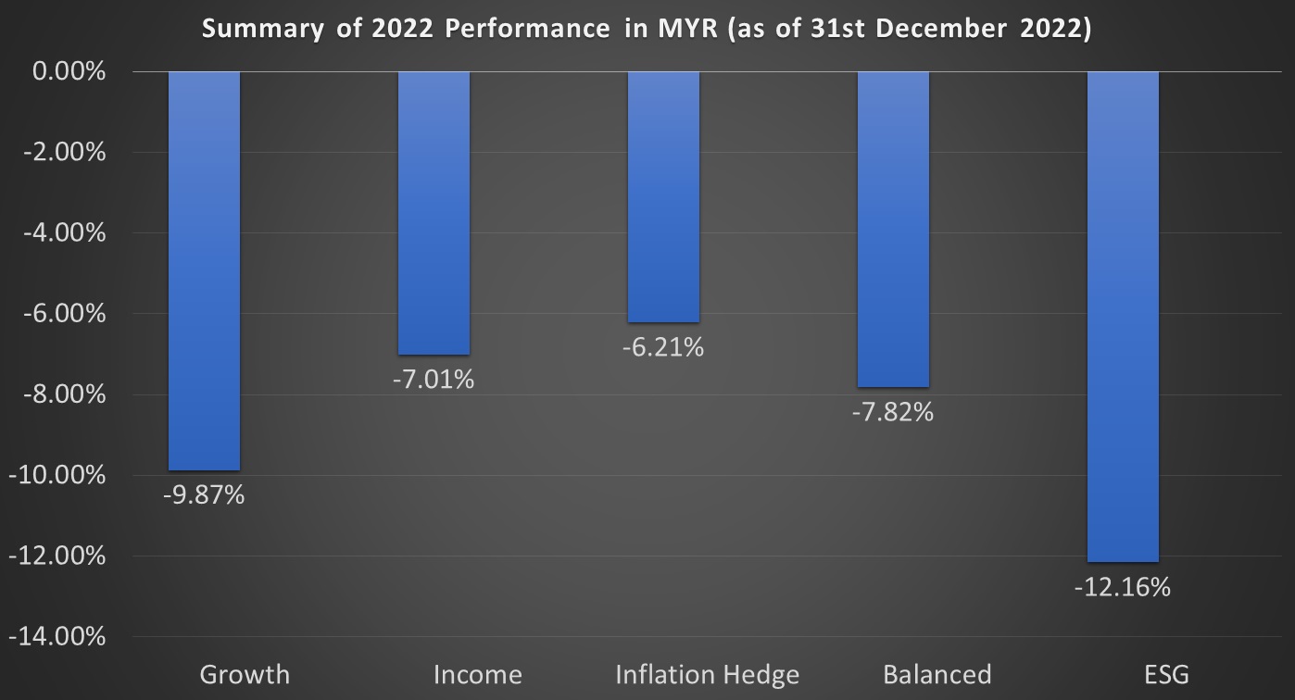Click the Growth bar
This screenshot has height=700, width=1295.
coord(204,270)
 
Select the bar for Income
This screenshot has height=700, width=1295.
coord(434,213)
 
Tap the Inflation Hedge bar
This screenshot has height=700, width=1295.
coord(663,196)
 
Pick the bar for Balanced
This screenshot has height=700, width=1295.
coord(893,229)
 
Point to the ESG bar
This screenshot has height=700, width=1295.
coord(1123,317)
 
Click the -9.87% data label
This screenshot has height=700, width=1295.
coord(204,495)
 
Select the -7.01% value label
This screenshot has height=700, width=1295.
coord(434,379)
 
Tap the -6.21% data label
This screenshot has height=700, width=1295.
coord(663,347)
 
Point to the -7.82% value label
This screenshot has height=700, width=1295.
coord(893,412)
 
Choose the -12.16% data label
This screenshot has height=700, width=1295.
coord(1123,587)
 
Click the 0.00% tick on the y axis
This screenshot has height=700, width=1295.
coord(69,71)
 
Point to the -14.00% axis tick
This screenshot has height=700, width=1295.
coord(57,637)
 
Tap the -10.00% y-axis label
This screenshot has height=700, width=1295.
coord(57,475)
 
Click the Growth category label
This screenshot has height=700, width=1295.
coord(245,674)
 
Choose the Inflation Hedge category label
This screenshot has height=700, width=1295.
coord(707,674)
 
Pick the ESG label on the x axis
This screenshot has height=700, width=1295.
coord(1166,674)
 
